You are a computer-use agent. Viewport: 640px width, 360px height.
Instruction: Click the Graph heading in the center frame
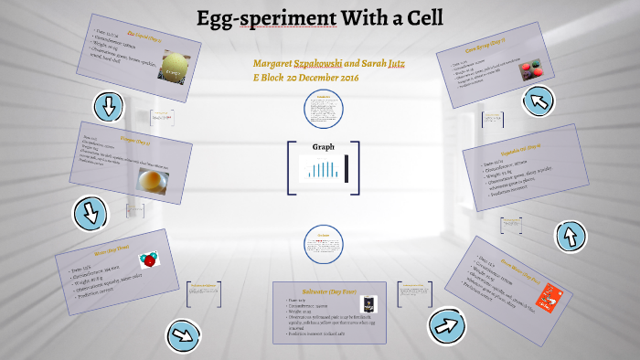[x=324, y=147]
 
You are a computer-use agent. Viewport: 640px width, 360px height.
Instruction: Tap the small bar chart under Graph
[x=324, y=168]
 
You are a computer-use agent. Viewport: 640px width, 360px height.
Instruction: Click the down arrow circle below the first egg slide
[x=109, y=106]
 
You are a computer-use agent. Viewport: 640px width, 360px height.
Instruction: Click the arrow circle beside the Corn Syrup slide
[x=538, y=100]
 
